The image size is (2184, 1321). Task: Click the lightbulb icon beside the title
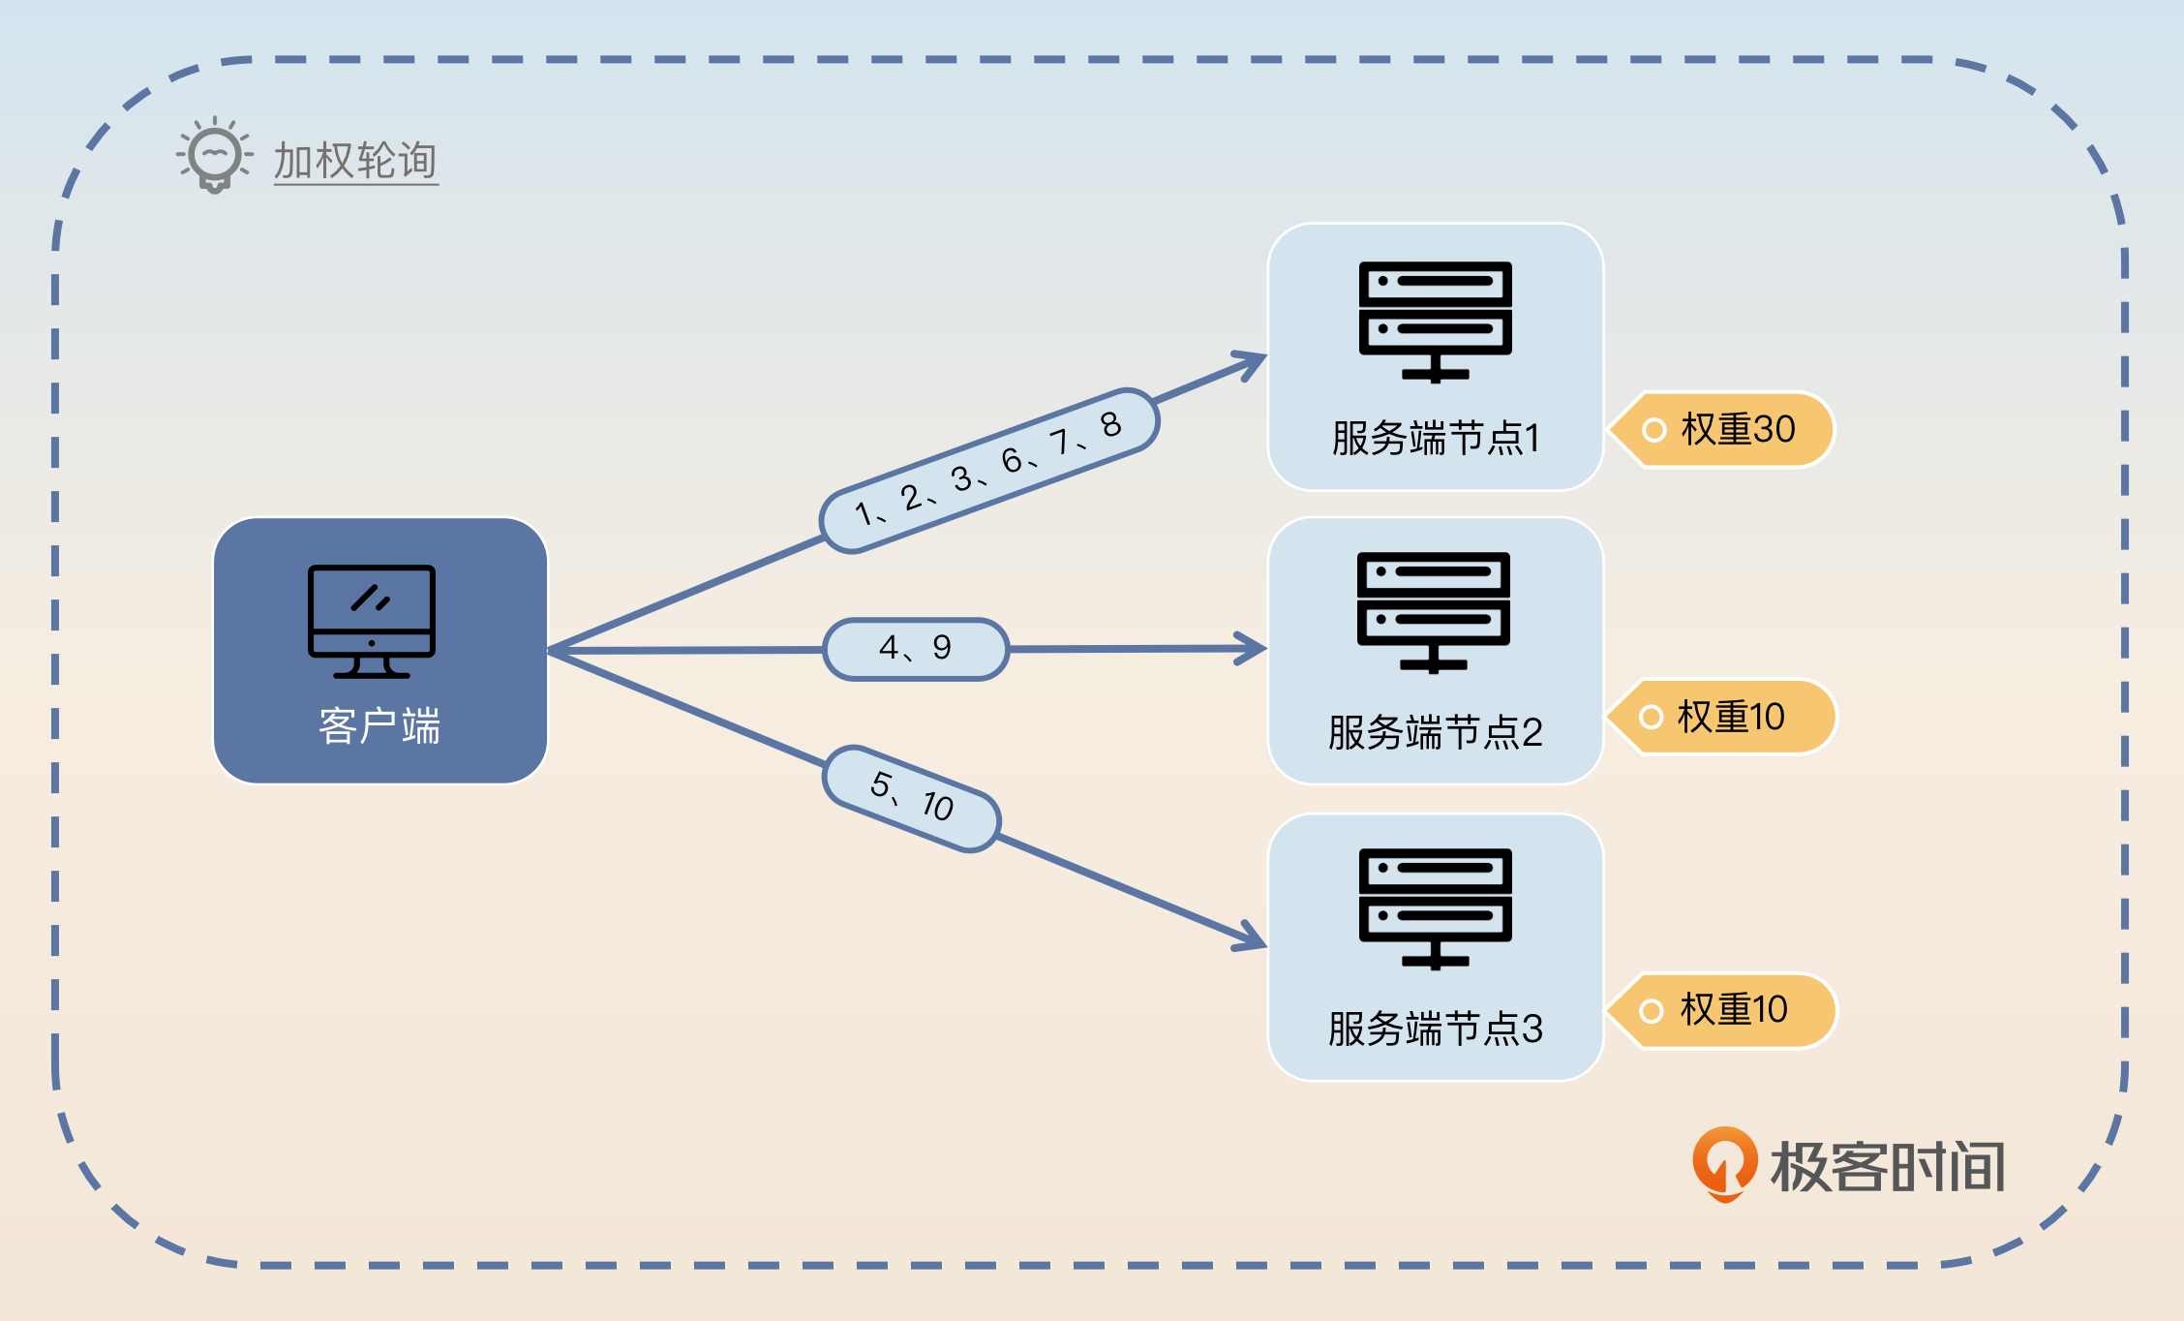coord(214,155)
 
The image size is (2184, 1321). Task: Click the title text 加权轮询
coord(355,161)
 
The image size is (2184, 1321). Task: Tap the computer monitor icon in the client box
coord(372,621)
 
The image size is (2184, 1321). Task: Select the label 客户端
coord(379,725)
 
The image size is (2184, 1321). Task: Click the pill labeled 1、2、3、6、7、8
coord(988,471)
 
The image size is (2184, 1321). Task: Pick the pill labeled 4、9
coord(916,648)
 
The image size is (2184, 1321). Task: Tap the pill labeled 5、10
coord(911,798)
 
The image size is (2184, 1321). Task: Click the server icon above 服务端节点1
coord(1435,321)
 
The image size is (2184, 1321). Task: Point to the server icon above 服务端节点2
coord(1434,611)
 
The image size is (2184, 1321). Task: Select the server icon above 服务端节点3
coord(1435,907)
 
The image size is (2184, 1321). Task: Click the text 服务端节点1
coord(1435,438)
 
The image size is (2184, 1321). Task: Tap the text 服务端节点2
coord(1435,732)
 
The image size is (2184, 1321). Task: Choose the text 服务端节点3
coord(1435,1029)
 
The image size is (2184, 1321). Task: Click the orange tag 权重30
coord(1723,429)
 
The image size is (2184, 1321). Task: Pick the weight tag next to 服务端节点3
coord(1722,1010)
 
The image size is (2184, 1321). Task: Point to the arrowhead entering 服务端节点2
coord(1253,648)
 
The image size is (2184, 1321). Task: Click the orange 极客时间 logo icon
coord(1724,1163)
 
